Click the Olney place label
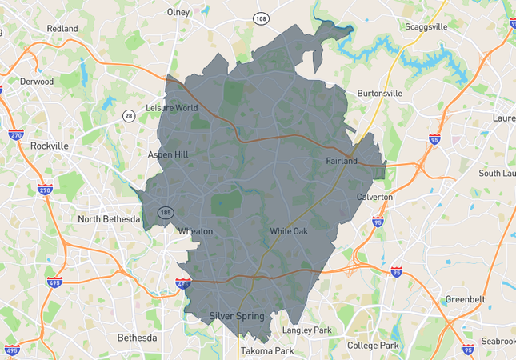tap(178, 12)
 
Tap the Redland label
tap(62, 29)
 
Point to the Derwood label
tap(38, 81)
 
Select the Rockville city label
tap(50, 146)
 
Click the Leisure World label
tap(172, 108)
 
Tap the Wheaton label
tap(195, 231)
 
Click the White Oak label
tap(288, 231)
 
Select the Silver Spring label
tap(236, 316)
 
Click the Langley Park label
tap(306, 330)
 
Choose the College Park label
tap(373, 346)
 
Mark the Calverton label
tap(374, 197)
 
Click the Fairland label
tap(342, 161)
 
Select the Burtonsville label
tap(381, 93)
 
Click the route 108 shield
tap(261, 18)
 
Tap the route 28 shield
tap(128, 116)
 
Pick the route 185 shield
tap(166, 212)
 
